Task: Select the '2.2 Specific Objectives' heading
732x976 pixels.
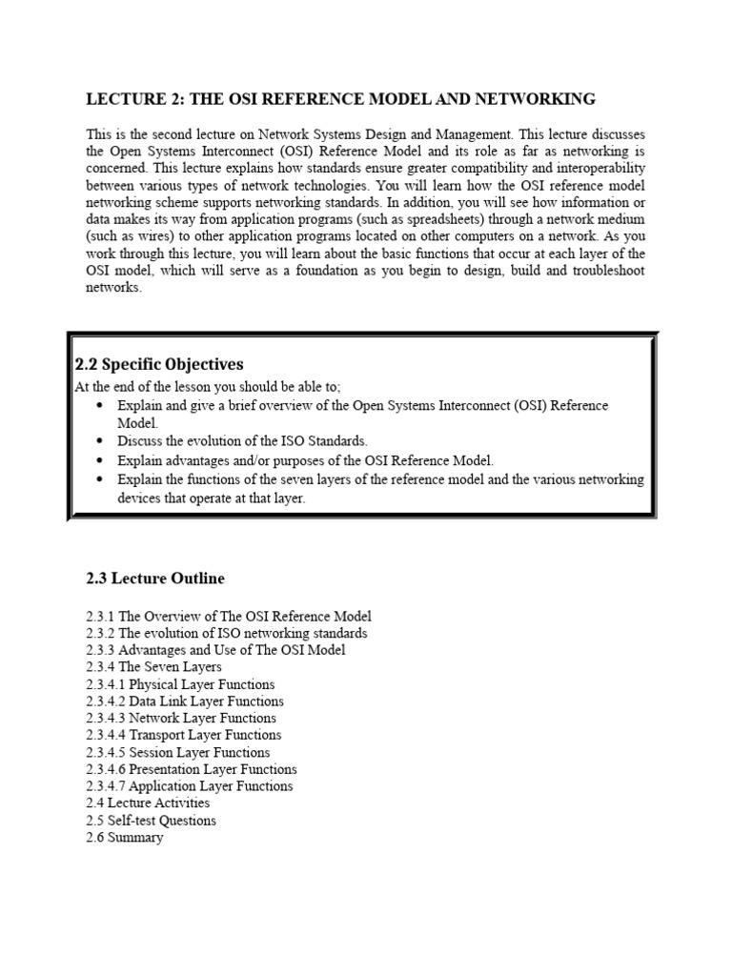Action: coord(159,364)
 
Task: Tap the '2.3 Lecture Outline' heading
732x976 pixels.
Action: coord(155,579)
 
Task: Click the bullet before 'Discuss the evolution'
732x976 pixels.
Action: coord(101,441)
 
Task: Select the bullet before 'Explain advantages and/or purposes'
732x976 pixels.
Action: coord(101,459)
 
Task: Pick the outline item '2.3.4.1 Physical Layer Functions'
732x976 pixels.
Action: coord(180,684)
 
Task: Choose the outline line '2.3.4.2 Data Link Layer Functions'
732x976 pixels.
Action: coord(184,701)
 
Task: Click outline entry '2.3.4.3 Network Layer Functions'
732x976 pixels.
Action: coord(181,719)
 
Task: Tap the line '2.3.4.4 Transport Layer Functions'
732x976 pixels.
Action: coord(183,736)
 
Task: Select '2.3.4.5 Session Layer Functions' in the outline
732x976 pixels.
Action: coord(177,753)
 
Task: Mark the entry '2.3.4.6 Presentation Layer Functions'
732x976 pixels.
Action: coord(191,769)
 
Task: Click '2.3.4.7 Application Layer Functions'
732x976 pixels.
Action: coord(189,786)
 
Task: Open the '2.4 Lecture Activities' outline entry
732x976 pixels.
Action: coord(148,803)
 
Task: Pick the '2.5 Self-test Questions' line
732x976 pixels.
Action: coord(151,821)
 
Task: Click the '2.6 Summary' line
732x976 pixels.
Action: coord(124,838)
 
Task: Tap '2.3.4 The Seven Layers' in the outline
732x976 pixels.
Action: coord(153,667)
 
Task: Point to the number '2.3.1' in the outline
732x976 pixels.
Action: coord(100,617)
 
